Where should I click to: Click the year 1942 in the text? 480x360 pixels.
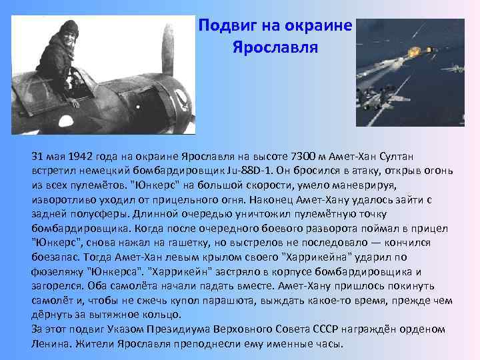point(81,156)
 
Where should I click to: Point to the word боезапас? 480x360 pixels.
point(53,257)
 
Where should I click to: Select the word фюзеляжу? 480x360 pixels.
point(56,271)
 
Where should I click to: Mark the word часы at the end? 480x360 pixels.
point(328,344)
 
